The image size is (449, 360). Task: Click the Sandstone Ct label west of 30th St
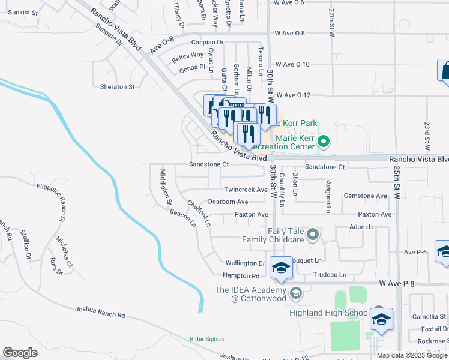coord(209,164)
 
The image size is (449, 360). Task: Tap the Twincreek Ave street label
coord(245,190)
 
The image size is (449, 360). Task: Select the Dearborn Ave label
coord(228,202)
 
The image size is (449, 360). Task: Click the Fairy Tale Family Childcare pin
coord(312,235)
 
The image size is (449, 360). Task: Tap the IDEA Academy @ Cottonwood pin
coord(295,293)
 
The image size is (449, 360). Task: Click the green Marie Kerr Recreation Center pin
coord(324,142)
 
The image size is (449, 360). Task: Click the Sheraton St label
coord(117,87)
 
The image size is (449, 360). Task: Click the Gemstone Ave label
coord(365,196)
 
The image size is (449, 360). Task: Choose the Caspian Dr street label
coord(207,43)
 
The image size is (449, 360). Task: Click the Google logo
coord(20,353)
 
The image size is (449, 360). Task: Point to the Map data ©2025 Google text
coord(411,355)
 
